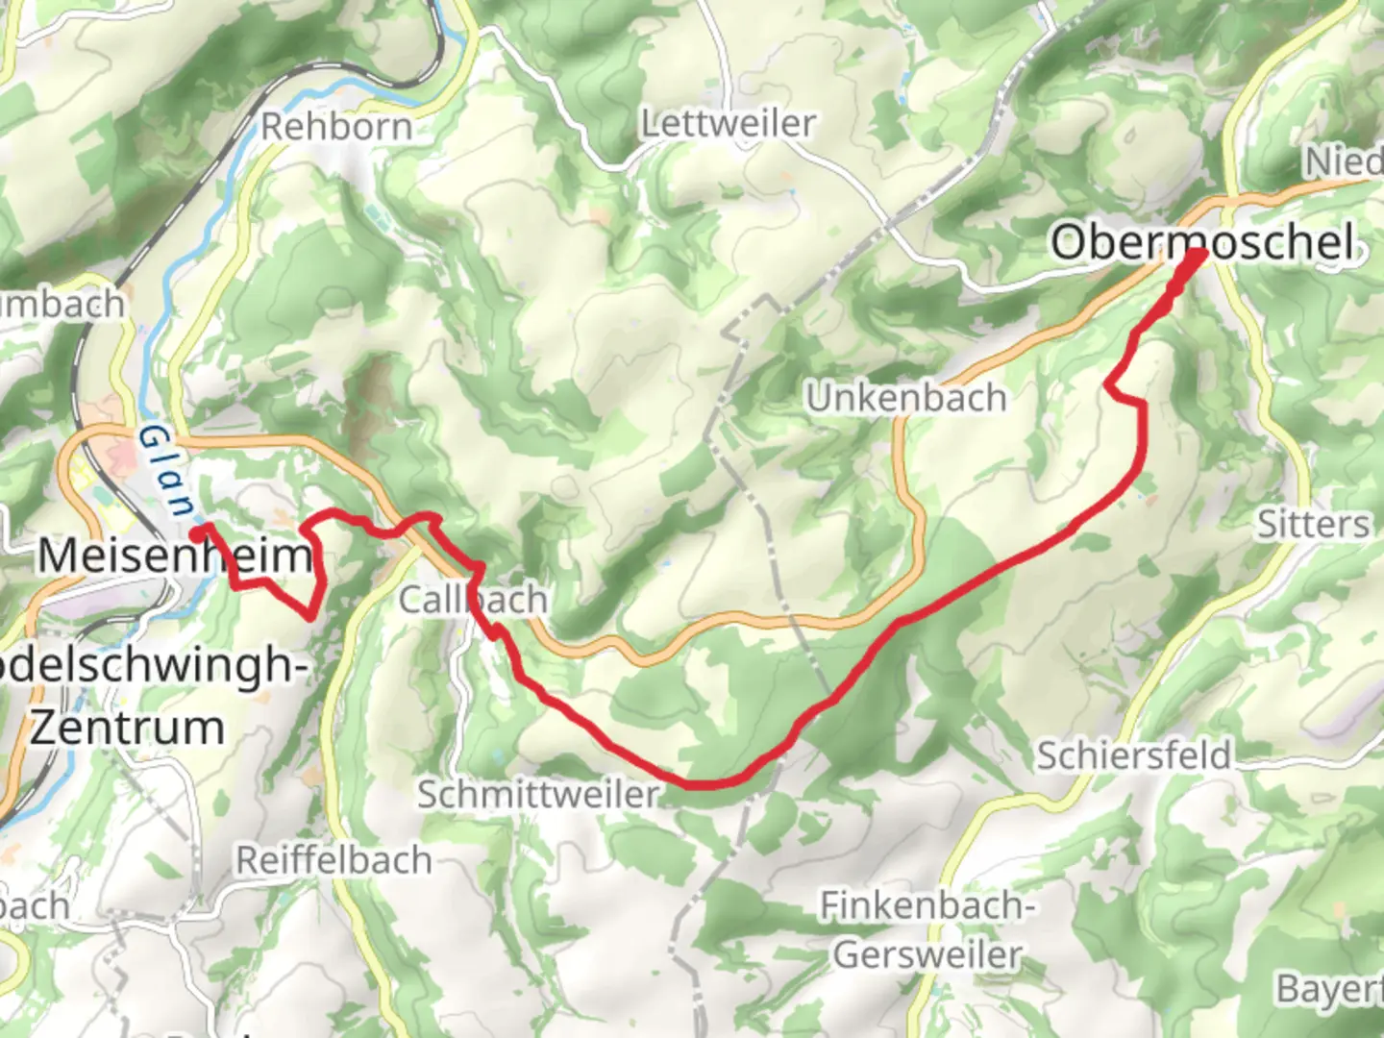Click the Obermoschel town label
[x=1203, y=241]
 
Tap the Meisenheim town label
[x=176, y=556]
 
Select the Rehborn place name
[x=336, y=126]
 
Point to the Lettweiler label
[x=729, y=123]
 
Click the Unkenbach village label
[x=905, y=397]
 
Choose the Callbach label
[x=473, y=600]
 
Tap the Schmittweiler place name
[x=538, y=794]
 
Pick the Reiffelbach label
[x=334, y=859]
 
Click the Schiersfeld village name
[x=1133, y=754]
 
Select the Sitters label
[x=1313, y=524]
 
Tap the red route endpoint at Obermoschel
[x=1198, y=256]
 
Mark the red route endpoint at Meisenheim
[x=196, y=531]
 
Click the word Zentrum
[x=127, y=727]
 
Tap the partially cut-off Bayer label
[x=1329, y=988]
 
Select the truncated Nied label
[x=1343, y=161]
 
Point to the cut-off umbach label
[x=62, y=304]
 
